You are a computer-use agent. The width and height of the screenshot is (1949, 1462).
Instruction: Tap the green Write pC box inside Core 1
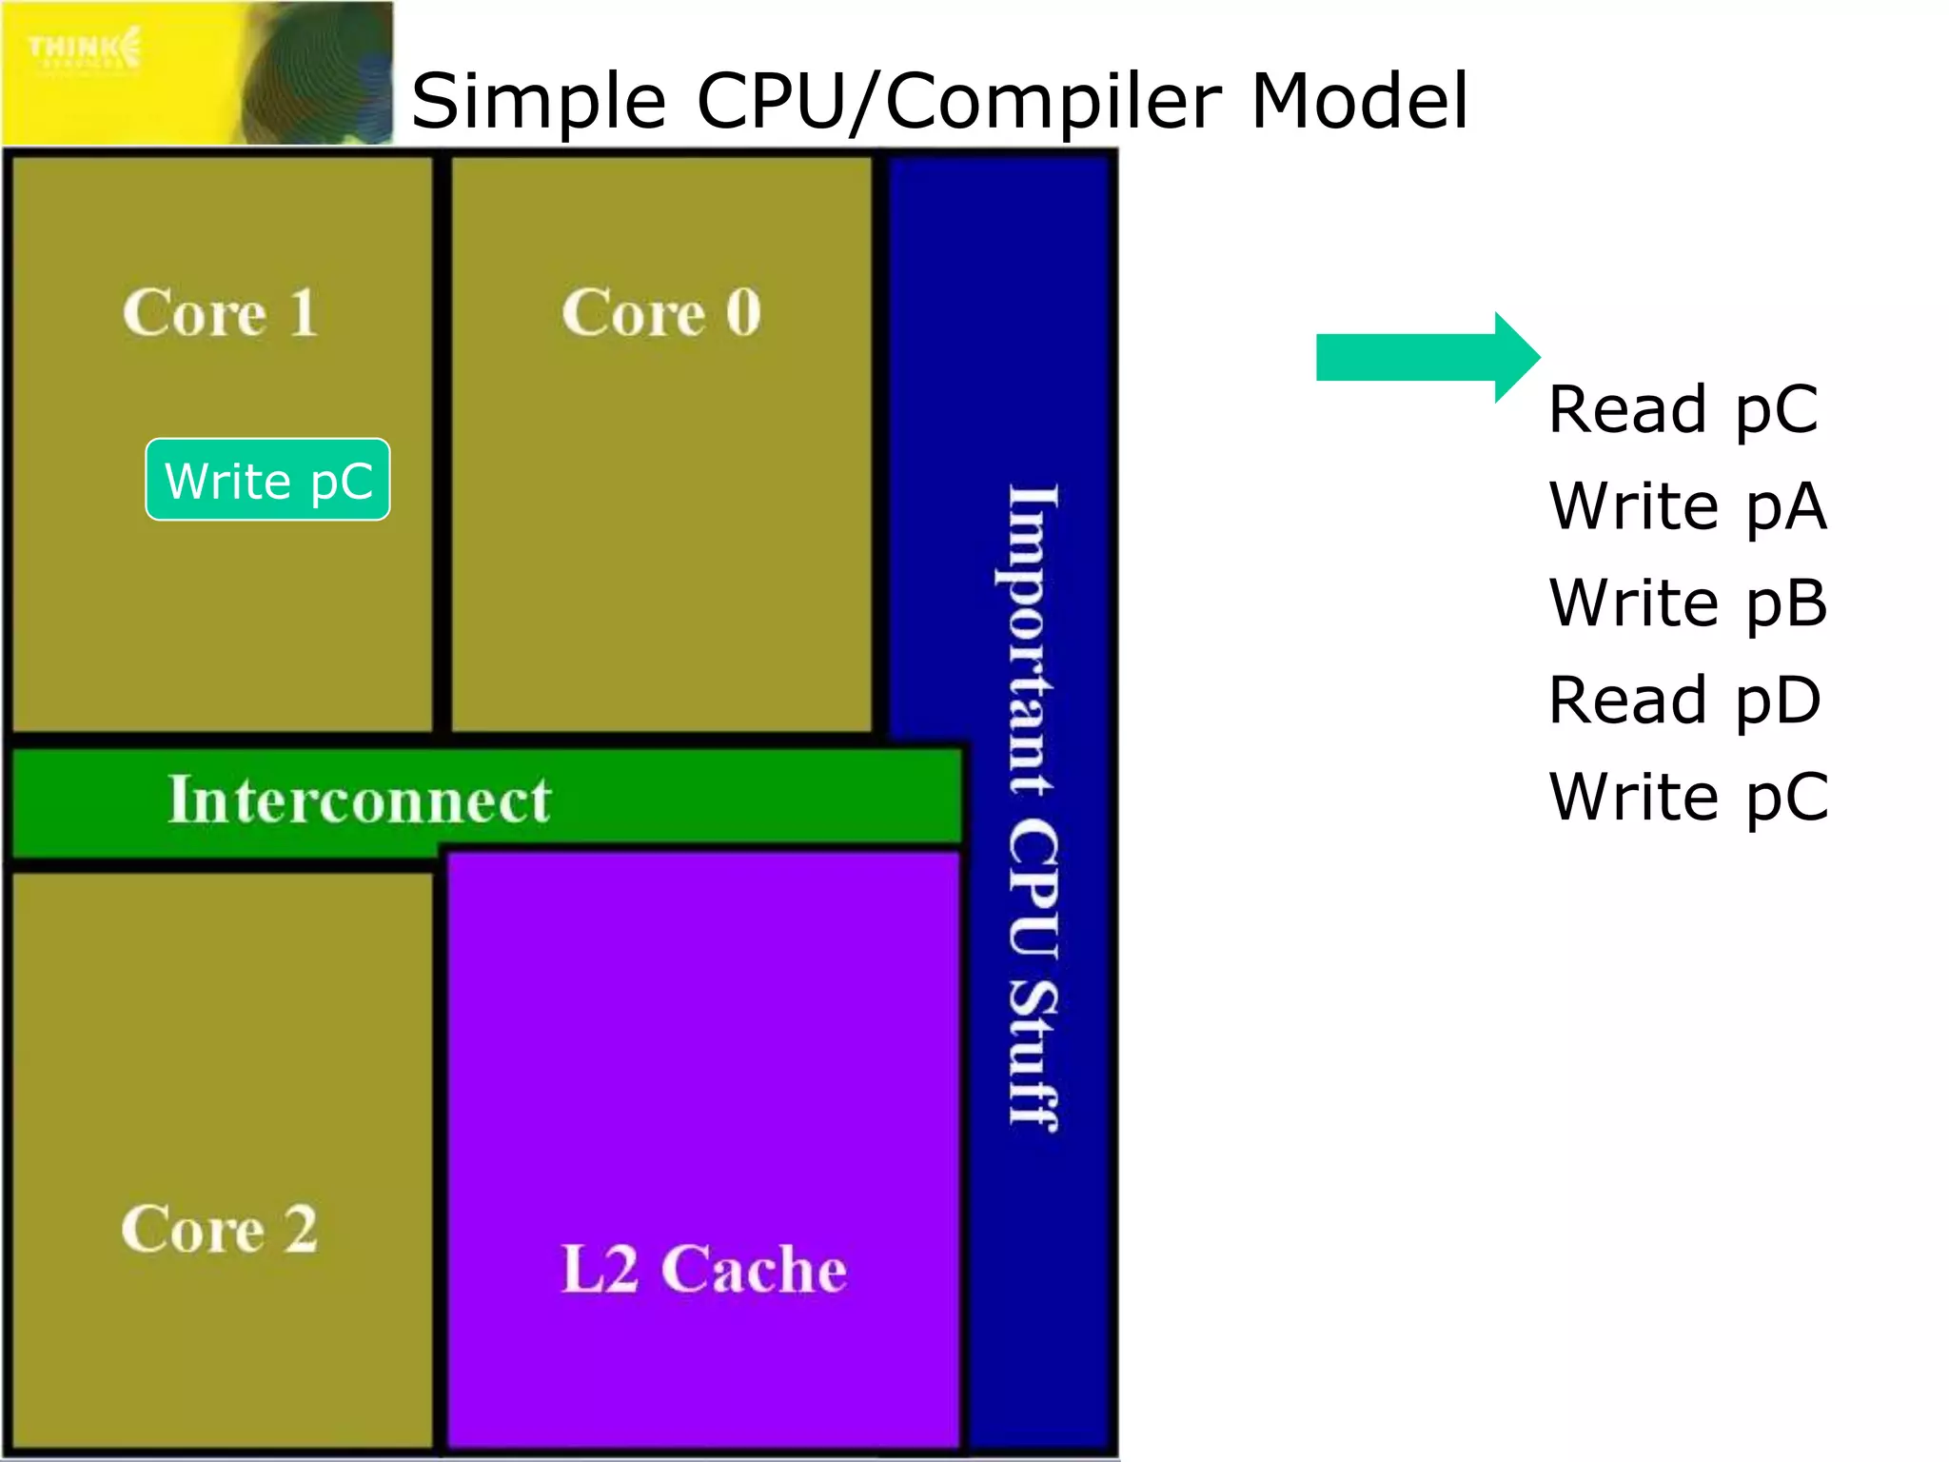click(267, 480)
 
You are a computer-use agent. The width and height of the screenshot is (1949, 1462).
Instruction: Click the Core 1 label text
click(220, 312)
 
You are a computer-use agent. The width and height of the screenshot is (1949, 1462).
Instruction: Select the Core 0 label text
click(660, 312)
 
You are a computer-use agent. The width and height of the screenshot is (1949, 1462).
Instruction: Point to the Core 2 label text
click(219, 1228)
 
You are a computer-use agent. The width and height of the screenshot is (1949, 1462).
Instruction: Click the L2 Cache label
click(703, 1269)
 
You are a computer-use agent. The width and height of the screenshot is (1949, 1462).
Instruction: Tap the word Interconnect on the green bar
click(359, 800)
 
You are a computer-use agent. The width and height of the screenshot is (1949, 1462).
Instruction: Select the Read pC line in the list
click(1683, 409)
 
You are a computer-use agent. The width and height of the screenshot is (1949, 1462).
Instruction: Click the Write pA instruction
click(1687, 506)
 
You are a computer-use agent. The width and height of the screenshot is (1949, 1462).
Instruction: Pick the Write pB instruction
click(1687, 603)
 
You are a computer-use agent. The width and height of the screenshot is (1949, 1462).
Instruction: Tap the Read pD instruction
click(1684, 701)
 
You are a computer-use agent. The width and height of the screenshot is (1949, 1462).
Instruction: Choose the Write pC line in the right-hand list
click(1687, 798)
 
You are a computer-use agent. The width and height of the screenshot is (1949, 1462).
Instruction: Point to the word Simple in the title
click(538, 103)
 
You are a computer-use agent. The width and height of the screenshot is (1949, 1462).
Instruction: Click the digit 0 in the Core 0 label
click(743, 312)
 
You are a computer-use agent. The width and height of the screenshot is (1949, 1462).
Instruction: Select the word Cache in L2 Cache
click(754, 1269)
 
